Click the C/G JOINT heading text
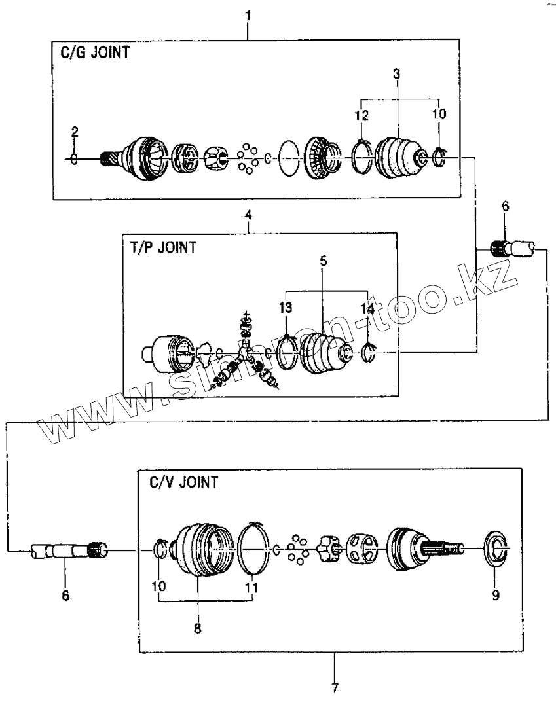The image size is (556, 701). click(90, 52)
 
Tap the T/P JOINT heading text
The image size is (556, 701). click(159, 247)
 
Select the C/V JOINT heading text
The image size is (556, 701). click(183, 483)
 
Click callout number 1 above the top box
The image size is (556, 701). click(248, 14)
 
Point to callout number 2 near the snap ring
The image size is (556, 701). click(75, 132)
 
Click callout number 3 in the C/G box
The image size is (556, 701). click(397, 73)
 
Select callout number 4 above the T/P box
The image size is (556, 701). click(248, 214)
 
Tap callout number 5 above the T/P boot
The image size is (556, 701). click(324, 261)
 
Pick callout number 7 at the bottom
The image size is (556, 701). click(335, 688)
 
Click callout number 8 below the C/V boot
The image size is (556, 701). click(198, 628)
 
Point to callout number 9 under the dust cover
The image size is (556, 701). click(496, 595)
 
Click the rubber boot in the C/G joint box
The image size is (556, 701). click(398, 157)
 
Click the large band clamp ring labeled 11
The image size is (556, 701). click(253, 547)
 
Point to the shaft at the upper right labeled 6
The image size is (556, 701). click(516, 248)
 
